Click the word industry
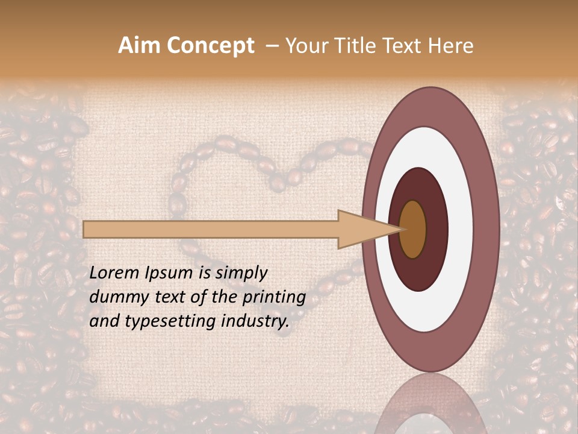[x=255, y=321]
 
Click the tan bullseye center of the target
[x=413, y=229]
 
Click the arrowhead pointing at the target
[x=361, y=230]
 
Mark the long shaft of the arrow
[x=211, y=230]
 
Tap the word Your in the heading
[x=305, y=46]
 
